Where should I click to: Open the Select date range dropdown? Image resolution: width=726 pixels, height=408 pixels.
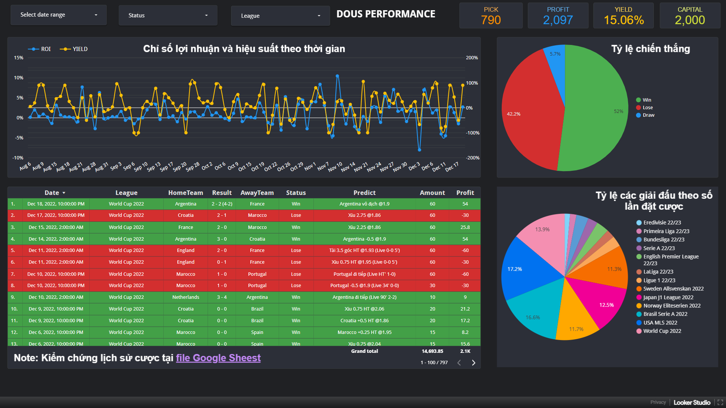coord(59,15)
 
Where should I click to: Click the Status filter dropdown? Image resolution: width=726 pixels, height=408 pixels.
coord(168,15)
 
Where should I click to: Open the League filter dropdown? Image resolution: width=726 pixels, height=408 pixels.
coord(280,16)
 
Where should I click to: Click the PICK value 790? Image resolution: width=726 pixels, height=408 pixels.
coord(491,20)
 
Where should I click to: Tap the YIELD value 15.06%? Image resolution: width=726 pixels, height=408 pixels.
coord(624,20)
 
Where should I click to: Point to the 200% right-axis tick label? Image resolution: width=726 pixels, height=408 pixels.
coord(472,58)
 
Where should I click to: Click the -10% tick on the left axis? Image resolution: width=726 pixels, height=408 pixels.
coord(18,158)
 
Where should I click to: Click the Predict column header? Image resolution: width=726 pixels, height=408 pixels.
coord(364,193)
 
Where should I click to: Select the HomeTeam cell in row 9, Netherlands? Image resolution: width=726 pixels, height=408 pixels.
coord(186,297)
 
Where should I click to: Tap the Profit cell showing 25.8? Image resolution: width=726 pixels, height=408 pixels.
coord(465,227)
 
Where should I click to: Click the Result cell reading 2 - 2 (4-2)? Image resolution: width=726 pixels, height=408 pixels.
coord(222,204)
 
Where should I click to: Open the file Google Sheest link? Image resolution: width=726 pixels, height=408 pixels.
coord(218,358)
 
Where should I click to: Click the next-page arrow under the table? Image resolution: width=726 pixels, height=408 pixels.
coord(473,363)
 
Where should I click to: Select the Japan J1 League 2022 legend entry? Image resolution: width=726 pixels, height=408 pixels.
coord(668,297)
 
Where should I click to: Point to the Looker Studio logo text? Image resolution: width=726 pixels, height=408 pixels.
coord(692,402)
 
